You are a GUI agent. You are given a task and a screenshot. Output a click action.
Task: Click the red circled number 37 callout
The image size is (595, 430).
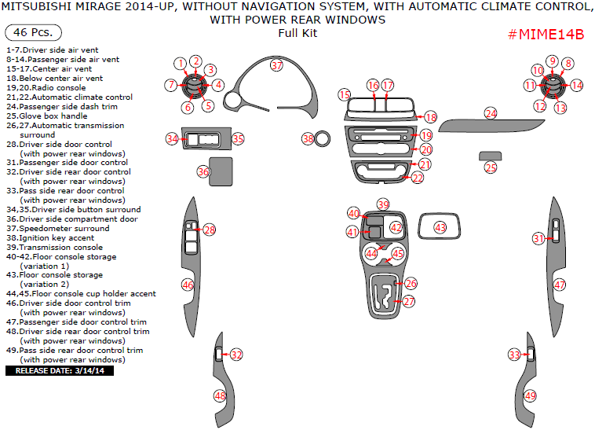click(x=276, y=66)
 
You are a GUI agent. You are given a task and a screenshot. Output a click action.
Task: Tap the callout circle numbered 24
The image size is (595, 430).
click(x=491, y=114)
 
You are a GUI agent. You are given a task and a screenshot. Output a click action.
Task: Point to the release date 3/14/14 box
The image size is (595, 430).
click(x=60, y=370)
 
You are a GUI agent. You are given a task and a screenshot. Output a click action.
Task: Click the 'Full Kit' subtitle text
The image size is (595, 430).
click(x=297, y=33)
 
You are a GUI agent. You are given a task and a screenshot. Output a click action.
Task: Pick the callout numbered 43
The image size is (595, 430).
click(x=440, y=227)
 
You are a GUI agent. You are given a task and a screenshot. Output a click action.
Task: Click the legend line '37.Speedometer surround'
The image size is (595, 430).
click(x=57, y=228)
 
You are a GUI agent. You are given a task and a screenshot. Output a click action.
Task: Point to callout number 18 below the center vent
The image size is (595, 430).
click(x=430, y=116)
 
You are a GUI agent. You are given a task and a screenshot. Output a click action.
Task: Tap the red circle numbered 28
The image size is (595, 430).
click(x=209, y=230)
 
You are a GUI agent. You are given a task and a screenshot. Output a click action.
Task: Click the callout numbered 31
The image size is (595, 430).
click(x=538, y=238)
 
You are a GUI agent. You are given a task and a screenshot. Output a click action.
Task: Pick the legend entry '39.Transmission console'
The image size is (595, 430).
click(x=54, y=247)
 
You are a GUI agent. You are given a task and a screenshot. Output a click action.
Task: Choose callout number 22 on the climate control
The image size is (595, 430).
click(x=418, y=178)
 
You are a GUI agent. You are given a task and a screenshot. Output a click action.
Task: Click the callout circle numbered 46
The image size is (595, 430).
click(x=188, y=285)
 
